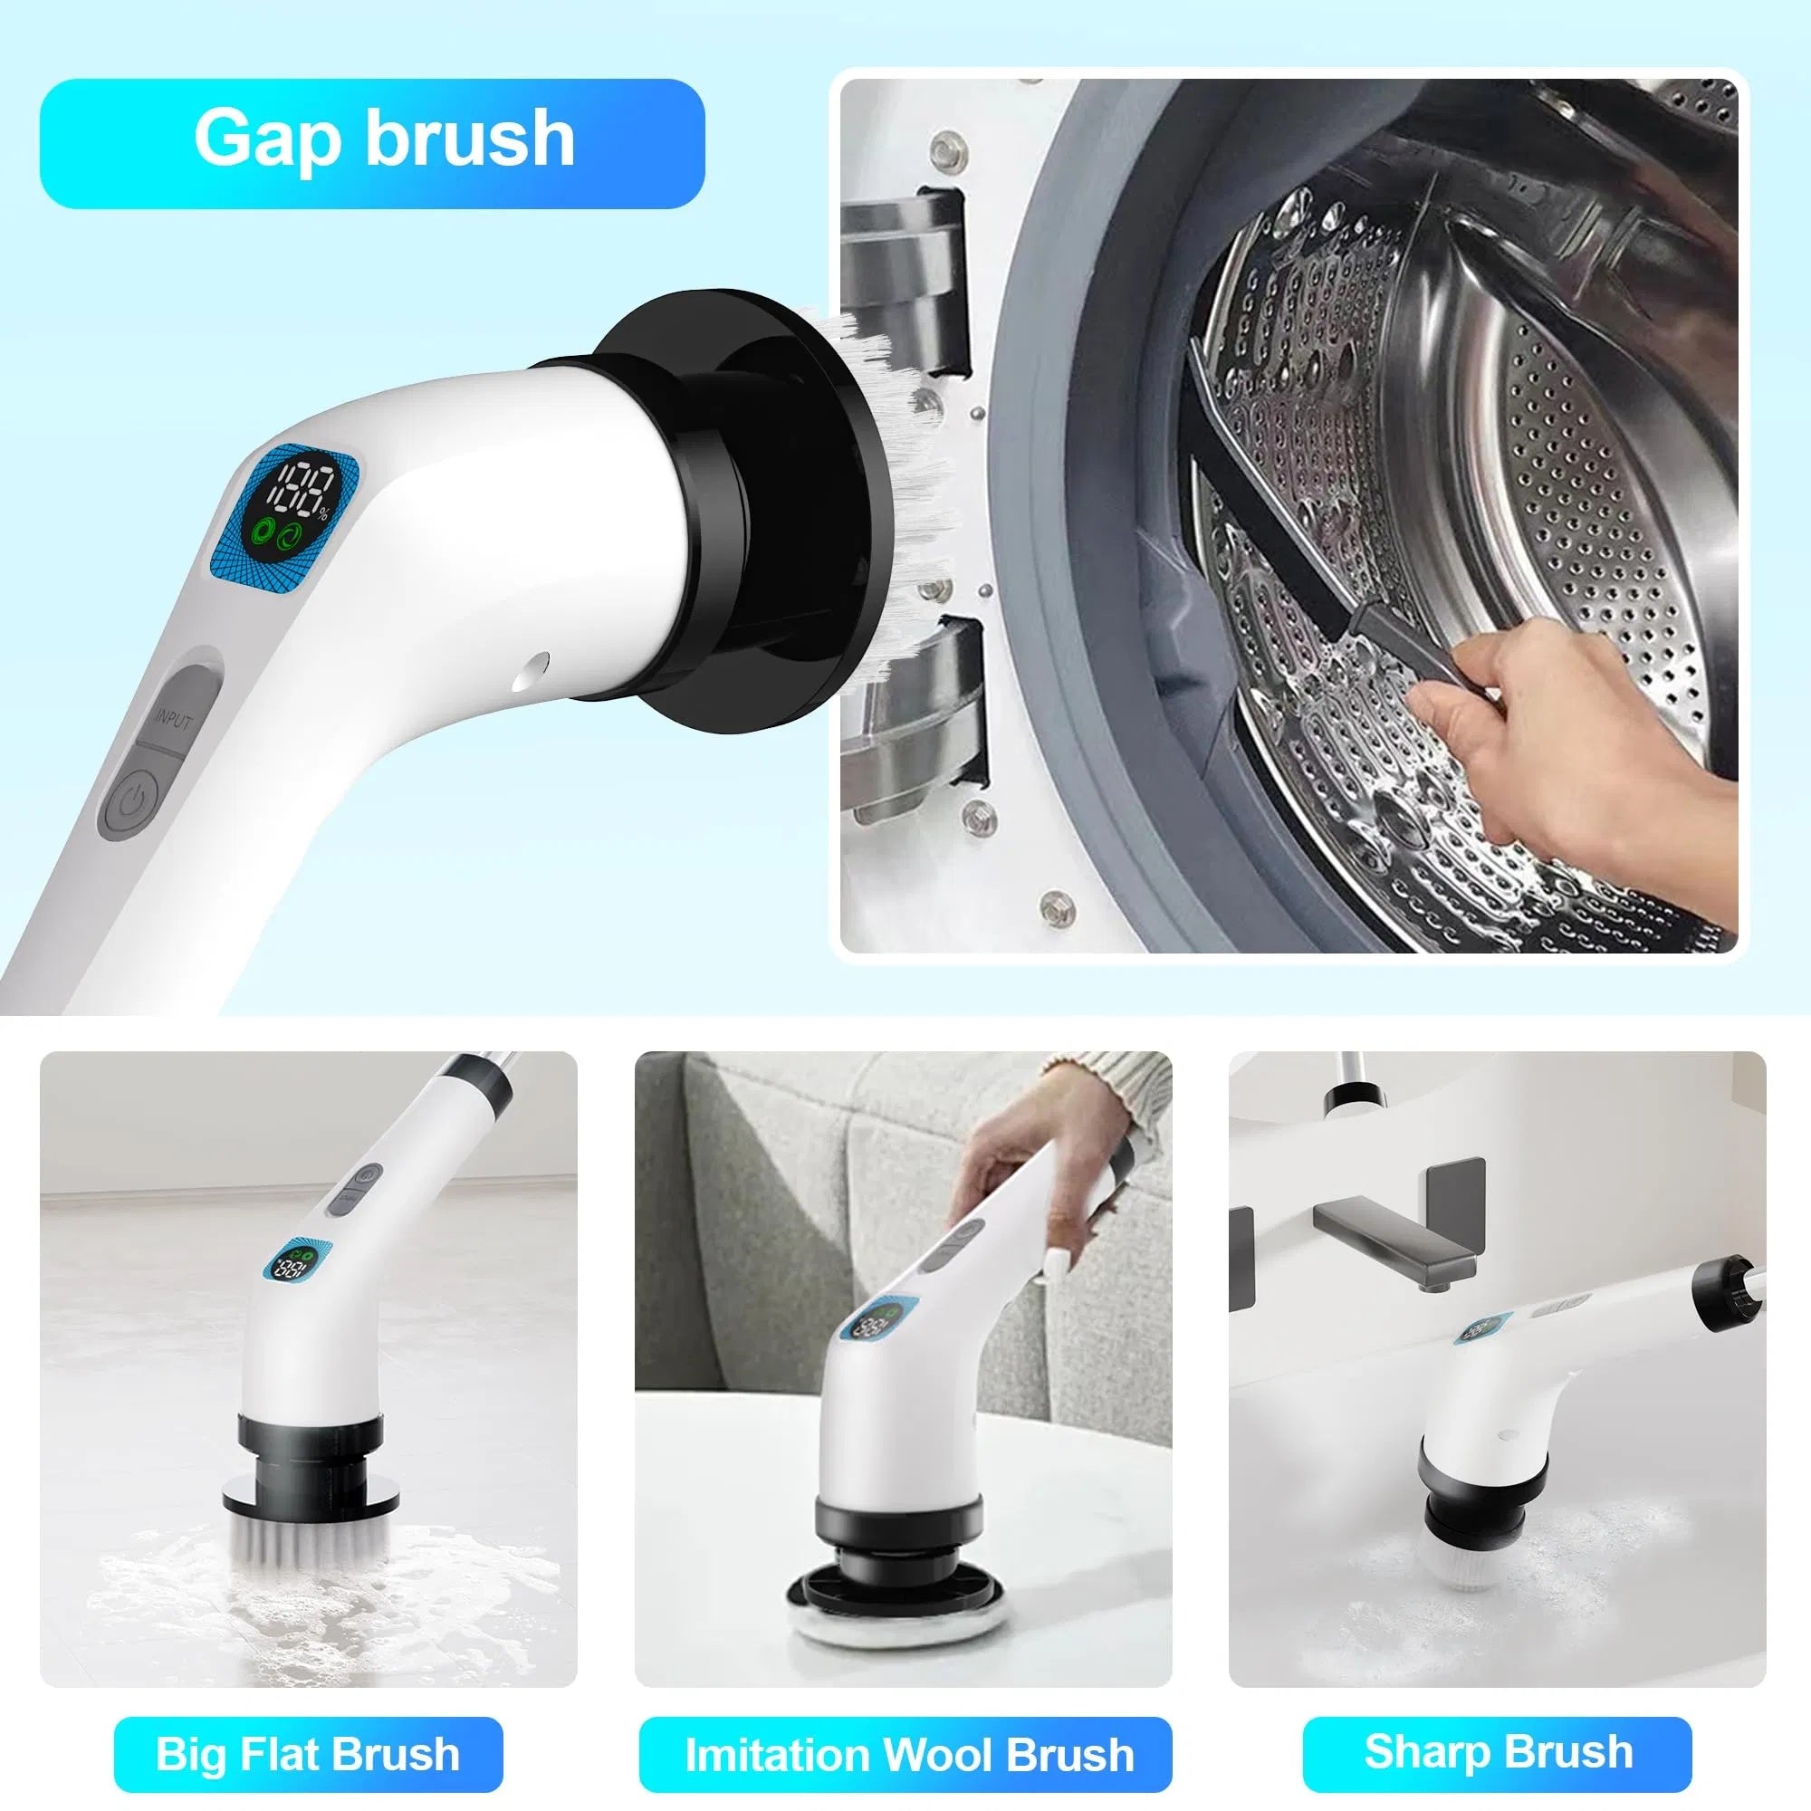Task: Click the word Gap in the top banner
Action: pos(265,139)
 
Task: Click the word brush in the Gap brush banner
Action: pos(469,139)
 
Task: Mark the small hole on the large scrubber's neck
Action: pos(535,667)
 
